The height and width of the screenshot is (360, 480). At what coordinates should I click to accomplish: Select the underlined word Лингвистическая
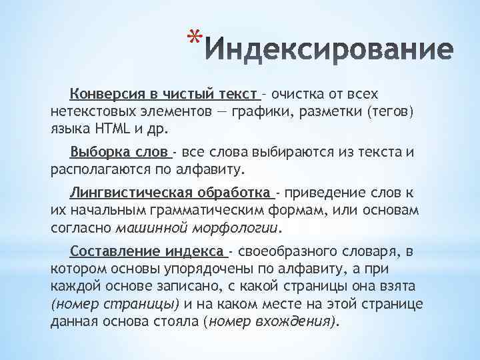[x=132, y=193]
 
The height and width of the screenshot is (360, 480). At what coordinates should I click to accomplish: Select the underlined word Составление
[x=111, y=252]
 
